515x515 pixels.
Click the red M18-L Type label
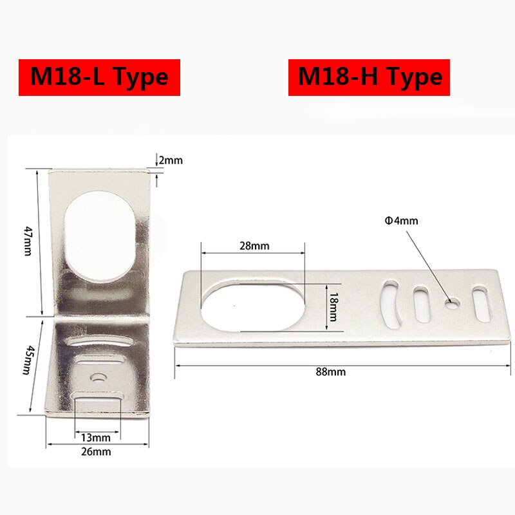coord(99,77)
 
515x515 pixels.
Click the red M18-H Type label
coord(369,77)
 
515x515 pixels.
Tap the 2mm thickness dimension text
coord(171,159)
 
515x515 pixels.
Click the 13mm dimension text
coord(97,438)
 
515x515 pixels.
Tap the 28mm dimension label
coord(253,245)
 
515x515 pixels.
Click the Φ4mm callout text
coord(401,221)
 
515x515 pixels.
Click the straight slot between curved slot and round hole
coord(422,304)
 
